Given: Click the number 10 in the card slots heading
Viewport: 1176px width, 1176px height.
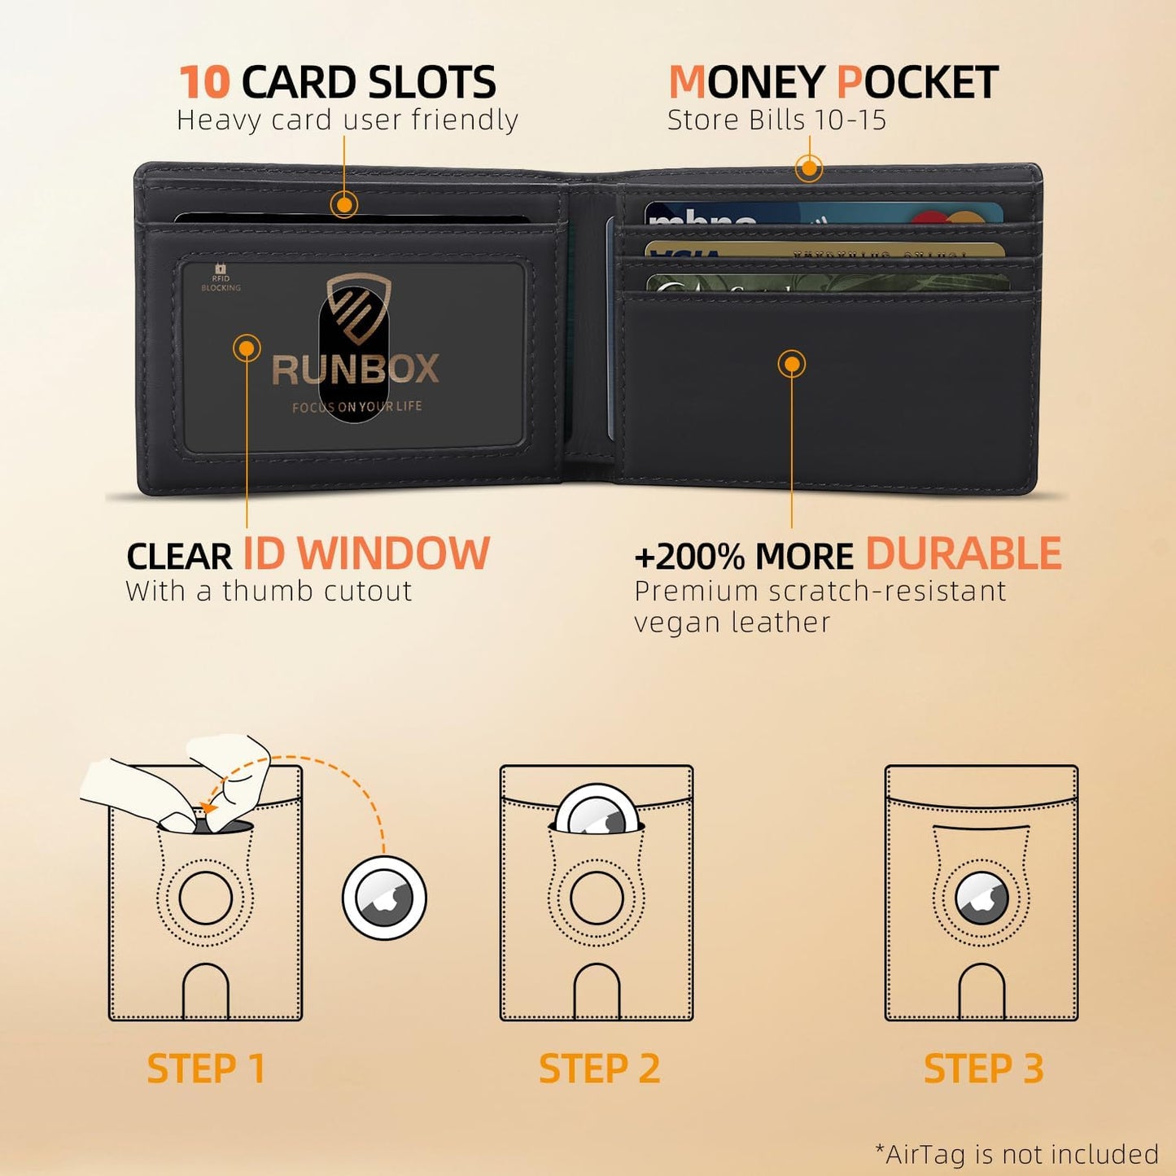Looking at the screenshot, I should pyautogui.click(x=204, y=82).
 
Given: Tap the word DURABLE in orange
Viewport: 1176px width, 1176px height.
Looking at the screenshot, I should pyautogui.click(x=963, y=554).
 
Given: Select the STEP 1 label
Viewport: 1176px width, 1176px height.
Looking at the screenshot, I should pyautogui.click(x=206, y=1069).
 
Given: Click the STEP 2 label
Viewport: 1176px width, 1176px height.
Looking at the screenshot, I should pyautogui.click(x=599, y=1069).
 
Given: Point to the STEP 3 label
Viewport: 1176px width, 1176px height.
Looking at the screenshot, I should pyautogui.click(x=983, y=1069).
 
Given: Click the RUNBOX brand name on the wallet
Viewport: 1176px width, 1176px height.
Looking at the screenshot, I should pyautogui.click(x=355, y=369).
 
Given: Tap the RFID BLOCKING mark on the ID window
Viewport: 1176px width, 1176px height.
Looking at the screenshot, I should pyautogui.click(x=221, y=278).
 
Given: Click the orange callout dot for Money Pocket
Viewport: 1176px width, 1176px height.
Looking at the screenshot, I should pyautogui.click(x=809, y=168).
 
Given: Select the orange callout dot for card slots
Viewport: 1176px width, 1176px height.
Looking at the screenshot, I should pyautogui.click(x=344, y=204).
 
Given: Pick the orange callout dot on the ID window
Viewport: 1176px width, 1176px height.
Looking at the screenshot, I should pyautogui.click(x=247, y=348).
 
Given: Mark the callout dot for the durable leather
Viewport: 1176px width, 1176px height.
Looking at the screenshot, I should pyautogui.click(x=791, y=363).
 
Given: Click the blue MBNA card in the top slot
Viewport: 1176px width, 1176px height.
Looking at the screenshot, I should pyautogui.click(x=822, y=214).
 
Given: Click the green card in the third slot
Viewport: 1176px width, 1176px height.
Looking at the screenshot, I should pyautogui.click(x=826, y=283).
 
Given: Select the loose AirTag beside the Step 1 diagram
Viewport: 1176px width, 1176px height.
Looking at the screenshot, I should pyautogui.click(x=384, y=898).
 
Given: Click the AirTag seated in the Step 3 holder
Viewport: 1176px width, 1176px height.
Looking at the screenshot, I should pyautogui.click(x=981, y=898).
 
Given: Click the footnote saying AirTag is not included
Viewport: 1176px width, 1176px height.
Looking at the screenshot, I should pyautogui.click(x=1016, y=1154).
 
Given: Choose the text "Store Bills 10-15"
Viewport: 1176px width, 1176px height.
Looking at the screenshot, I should pyautogui.click(x=776, y=120).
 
